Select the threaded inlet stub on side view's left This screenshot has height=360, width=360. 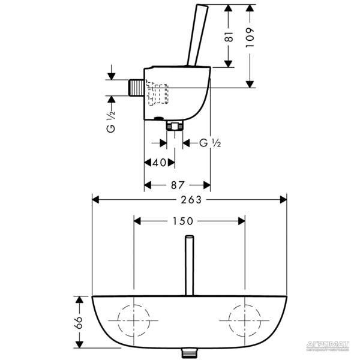pos(137,87)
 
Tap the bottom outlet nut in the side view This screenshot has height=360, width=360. pos(175,126)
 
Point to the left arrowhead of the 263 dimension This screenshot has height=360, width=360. pos(95,200)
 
